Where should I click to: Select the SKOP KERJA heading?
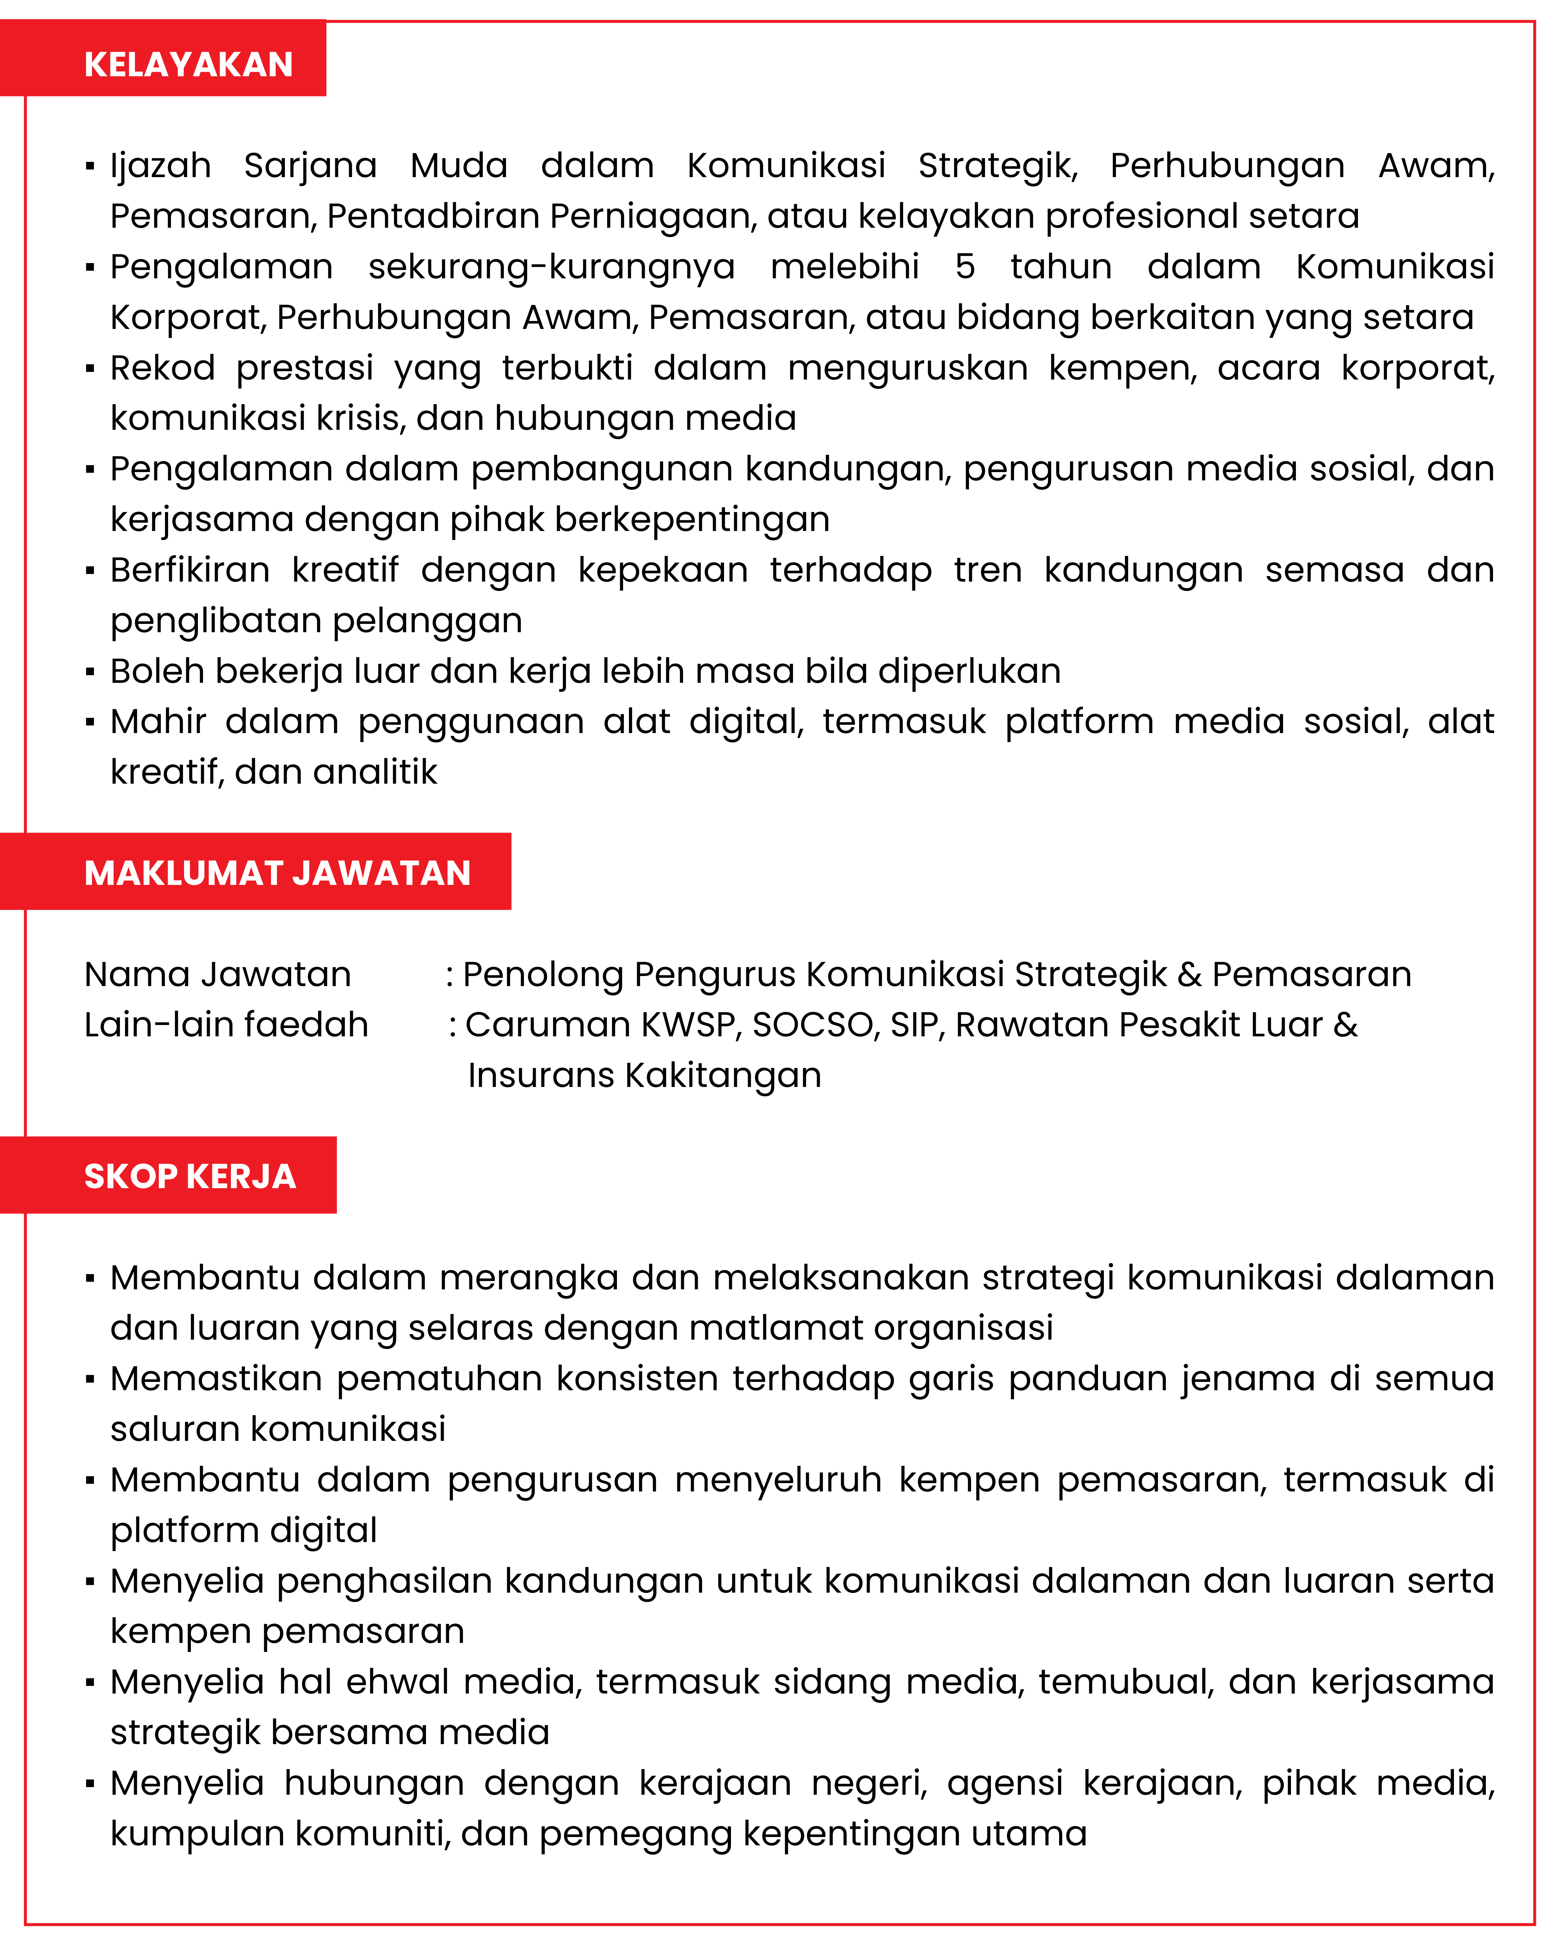click(190, 1176)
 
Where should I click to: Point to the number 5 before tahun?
click(965, 267)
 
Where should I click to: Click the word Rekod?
click(163, 368)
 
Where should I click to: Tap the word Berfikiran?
click(190, 571)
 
